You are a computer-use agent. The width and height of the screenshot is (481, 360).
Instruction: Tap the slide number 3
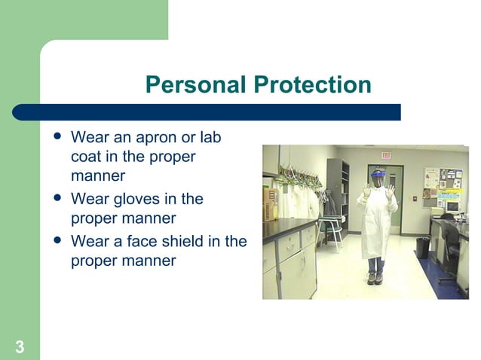19,347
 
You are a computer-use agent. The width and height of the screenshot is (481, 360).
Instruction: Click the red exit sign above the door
386,154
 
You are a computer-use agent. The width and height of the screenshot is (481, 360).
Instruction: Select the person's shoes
375,279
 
